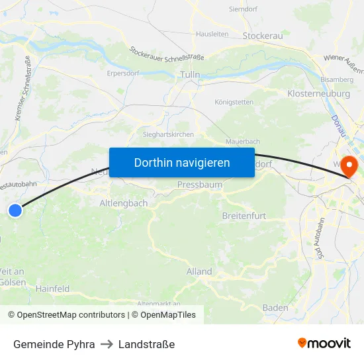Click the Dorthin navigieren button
[181, 162]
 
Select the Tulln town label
[190, 75]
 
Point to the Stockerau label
[263, 36]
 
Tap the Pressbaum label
[199, 185]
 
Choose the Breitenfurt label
[244, 216]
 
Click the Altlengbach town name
[124, 203]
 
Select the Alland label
[199, 271]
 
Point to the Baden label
[275, 308]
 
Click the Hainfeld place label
[52, 289]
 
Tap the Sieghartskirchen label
[169, 134]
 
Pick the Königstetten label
[234, 102]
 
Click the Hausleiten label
[212, 33]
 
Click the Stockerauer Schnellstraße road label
[167, 53]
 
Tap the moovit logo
[324, 343]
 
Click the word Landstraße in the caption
[146, 344]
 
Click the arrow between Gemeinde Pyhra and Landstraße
[107, 344]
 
